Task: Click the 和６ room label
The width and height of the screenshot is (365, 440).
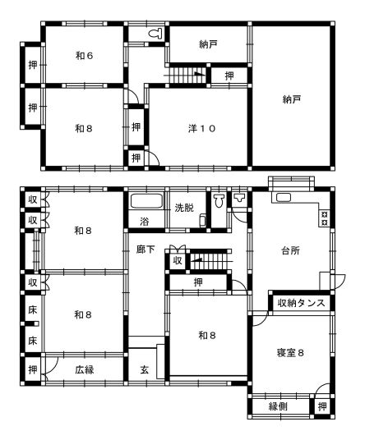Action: pos(85,56)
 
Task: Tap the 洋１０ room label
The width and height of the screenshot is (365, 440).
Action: pos(201,129)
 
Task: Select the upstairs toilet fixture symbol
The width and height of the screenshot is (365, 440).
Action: pos(156,34)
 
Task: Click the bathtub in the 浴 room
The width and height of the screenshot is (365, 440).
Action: pos(146,201)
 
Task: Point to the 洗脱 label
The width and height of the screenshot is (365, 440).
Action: pos(184,208)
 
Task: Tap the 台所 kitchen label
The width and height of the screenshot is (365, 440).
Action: pos(290,250)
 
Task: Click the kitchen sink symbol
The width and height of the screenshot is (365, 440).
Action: pos(284,197)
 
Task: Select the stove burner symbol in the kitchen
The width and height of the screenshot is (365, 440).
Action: pos(325,218)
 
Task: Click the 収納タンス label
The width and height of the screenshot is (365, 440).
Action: pos(302,303)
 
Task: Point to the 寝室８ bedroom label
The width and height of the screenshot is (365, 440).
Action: pos(290,353)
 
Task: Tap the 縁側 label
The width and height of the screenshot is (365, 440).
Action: pos(278,406)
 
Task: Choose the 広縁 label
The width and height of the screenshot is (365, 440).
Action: pos(85,369)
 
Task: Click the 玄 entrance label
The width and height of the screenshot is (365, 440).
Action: pos(145,370)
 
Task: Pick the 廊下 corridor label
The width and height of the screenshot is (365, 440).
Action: pos(146,250)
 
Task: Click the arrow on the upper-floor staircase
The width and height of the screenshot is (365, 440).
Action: pos(200,74)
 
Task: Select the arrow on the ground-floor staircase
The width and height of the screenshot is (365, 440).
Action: pos(196,259)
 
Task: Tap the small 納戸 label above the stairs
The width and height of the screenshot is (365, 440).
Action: pos(208,44)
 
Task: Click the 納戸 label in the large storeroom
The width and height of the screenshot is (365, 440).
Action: pos(292,99)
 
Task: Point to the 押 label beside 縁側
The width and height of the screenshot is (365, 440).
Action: pos(322,406)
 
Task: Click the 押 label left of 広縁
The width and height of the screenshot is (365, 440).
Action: pos(33,369)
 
